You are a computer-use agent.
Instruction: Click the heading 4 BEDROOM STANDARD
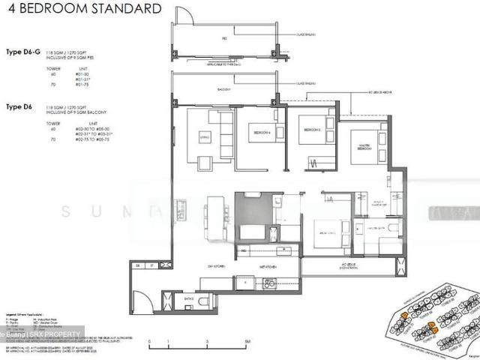tap(83, 10)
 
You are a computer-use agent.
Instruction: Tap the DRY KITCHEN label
tap(217, 265)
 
